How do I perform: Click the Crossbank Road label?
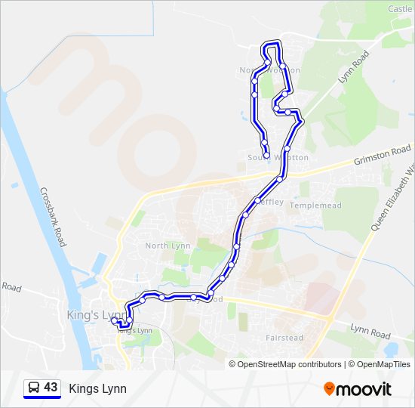53,217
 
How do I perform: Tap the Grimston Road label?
383,156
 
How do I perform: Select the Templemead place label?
321,205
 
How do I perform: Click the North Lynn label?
168,246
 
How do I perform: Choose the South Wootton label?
278,157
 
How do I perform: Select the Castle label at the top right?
400,9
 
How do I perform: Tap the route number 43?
51,388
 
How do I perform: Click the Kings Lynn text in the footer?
97,389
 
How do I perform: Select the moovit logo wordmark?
364,389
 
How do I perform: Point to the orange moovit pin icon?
329,388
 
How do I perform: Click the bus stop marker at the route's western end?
115,321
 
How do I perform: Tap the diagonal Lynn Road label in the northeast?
353,68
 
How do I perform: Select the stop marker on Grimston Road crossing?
280,179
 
